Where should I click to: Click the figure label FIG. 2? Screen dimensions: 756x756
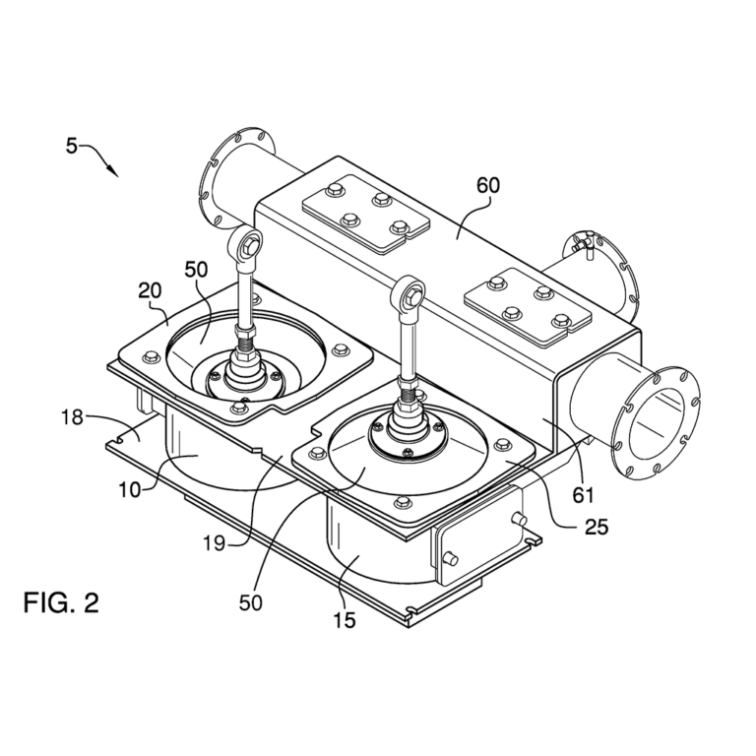61,601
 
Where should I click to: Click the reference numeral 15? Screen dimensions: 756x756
345,620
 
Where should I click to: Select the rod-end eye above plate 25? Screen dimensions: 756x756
409,292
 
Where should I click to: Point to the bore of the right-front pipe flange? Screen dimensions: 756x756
660,421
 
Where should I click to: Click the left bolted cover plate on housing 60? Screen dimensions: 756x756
365,209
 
